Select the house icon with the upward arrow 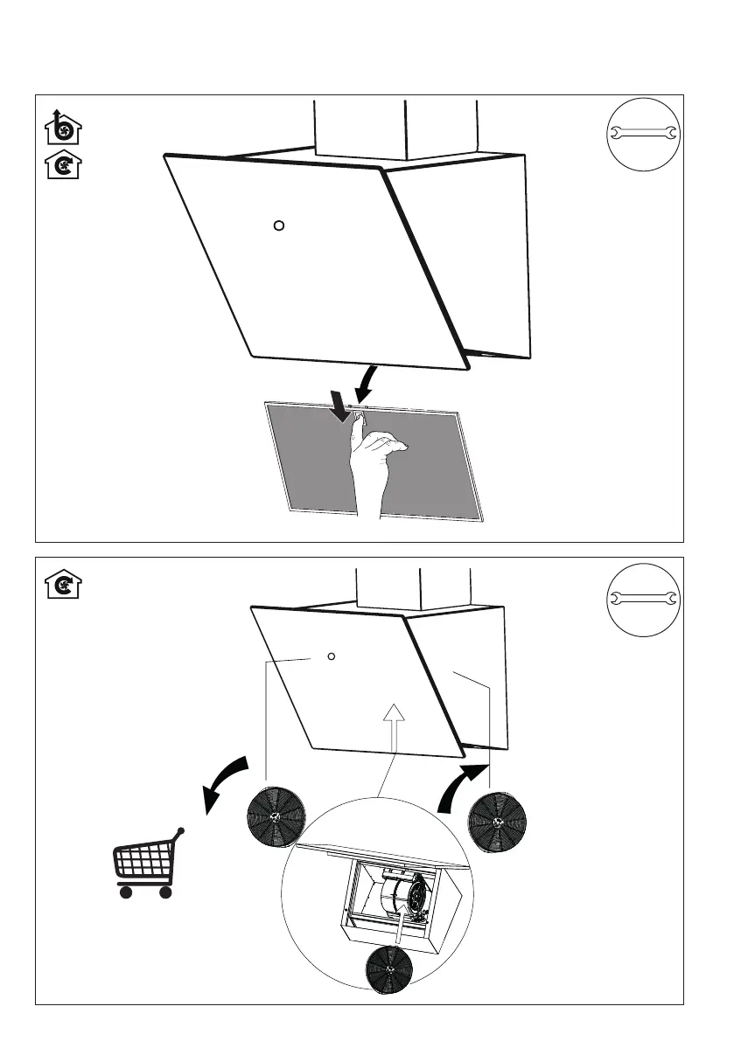point(62,129)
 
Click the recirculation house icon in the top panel point(62,164)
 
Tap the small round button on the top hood point(278,226)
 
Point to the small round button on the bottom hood point(331,656)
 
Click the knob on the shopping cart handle point(181,828)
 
